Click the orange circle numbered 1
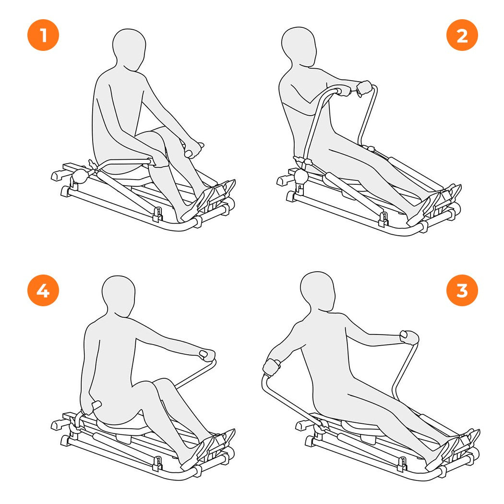click(43, 35)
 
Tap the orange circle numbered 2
click(462, 35)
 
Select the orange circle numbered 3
click(462, 290)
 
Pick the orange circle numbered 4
click(43, 290)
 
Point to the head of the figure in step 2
click(299, 47)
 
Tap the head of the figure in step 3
click(318, 291)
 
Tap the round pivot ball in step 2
click(301, 176)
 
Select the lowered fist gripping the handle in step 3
click(272, 367)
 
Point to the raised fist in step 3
click(409, 337)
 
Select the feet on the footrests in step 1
click(208, 199)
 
